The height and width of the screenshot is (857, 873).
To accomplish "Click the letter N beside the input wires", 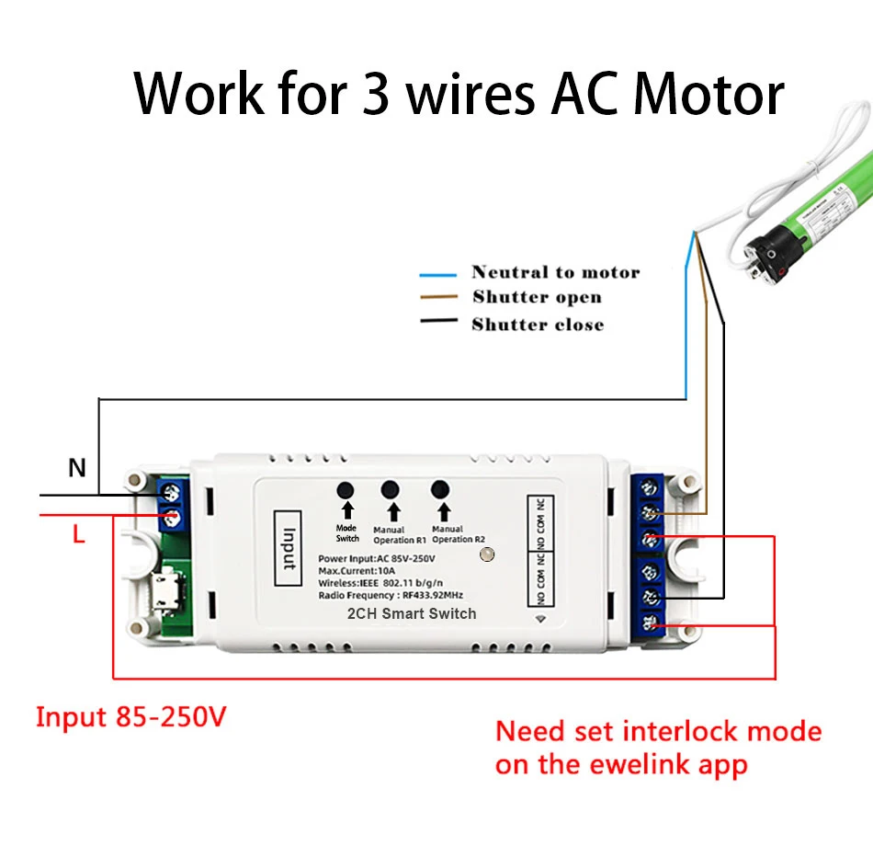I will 77,468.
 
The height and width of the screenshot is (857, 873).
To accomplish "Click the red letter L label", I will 79,534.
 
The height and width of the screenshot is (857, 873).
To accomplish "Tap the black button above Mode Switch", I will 346,491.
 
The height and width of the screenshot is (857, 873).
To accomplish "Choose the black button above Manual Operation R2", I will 440,491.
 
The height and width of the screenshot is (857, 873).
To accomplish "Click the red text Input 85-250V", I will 130,716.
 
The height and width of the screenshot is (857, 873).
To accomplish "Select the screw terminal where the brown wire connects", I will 652,512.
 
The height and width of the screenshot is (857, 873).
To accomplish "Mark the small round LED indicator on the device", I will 488,555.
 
